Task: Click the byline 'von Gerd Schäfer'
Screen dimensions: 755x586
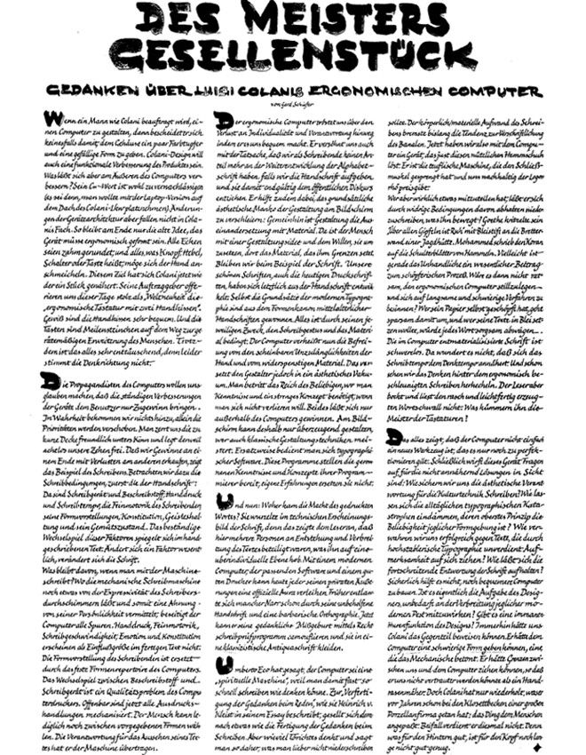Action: coord(292,105)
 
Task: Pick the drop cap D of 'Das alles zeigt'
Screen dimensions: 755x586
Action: coord(393,436)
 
